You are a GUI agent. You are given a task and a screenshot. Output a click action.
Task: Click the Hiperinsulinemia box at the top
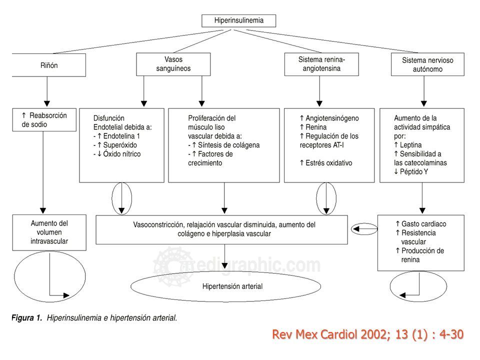pyautogui.click(x=238, y=20)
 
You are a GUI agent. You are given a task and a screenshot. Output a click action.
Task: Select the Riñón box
pyautogui.click(x=49, y=65)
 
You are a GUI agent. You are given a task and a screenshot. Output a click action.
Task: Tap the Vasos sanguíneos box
pyautogui.click(x=173, y=64)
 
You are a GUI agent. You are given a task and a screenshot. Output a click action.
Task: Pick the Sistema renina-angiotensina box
pyautogui.click(x=321, y=64)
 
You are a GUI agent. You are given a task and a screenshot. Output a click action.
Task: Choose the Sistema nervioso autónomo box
pyautogui.click(x=427, y=64)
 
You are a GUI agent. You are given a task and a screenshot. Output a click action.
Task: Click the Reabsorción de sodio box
pyautogui.click(x=44, y=119)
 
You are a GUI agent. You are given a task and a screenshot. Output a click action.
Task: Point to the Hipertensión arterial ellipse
pyautogui.click(x=226, y=286)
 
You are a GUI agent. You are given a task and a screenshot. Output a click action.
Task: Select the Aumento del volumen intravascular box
pyautogui.click(x=49, y=232)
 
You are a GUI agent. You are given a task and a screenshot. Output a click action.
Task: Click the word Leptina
pyautogui.click(x=411, y=145)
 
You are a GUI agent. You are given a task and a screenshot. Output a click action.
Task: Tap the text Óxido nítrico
pyautogui.click(x=122, y=153)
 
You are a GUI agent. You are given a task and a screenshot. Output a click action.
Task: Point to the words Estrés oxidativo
pyautogui.click(x=329, y=163)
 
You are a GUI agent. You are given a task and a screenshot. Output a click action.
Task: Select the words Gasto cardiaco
pyautogui.click(x=423, y=224)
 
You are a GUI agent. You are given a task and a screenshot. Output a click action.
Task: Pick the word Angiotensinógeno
pyautogui.click(x=332, y=118)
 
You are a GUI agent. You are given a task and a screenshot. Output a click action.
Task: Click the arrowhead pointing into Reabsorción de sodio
pyautogui.click(x=47, y=103)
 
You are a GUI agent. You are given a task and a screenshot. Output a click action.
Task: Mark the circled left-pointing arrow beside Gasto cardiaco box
pyautogui.click(x=364, y=228)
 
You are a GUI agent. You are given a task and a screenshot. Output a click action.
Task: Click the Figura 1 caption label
pyautogui.click(x=26, y=318)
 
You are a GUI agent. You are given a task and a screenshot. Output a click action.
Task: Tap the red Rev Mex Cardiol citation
pyautogui.click(x=367, y=334)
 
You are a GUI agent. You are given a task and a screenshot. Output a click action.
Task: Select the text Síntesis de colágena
pyautogui.click(x=228, y=145)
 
